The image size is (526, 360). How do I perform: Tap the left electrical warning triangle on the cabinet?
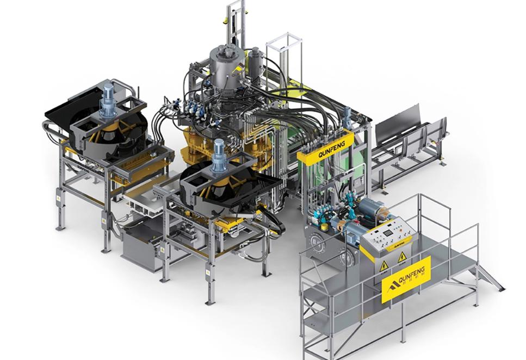point(383,265)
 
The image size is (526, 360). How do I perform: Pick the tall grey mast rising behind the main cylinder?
point(233,24)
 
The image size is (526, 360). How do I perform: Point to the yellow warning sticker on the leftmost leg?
point(58,199)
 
